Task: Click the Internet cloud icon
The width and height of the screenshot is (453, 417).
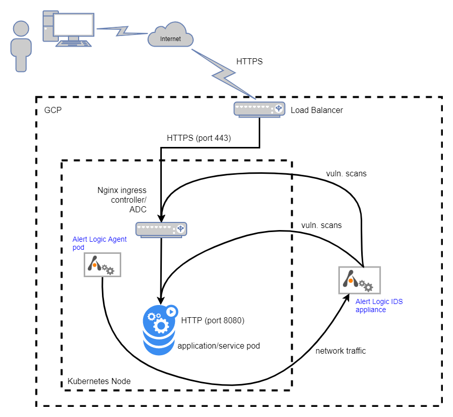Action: (170, 36)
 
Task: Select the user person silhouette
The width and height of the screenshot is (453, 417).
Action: (21, 46)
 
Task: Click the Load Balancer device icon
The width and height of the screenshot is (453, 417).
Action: (259, 109)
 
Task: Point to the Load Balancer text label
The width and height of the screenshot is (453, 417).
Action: (317, 110)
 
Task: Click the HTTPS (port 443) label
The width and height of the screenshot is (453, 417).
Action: (199, 138)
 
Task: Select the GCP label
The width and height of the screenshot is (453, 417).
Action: (53, 110)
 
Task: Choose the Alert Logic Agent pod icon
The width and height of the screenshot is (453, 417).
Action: (102, 265)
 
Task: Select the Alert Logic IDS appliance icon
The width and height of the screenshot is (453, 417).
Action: (359, 280)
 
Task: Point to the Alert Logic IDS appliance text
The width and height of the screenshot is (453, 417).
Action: (378, 306)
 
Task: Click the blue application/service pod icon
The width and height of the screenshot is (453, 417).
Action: (159, 329)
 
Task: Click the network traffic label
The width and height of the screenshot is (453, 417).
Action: (340, 351)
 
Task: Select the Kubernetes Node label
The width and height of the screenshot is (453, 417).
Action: (99, 381)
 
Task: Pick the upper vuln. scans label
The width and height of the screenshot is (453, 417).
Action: (346, 173)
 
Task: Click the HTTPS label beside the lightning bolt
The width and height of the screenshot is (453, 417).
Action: (250, 62)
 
